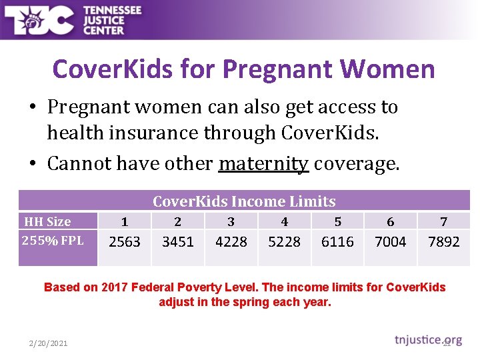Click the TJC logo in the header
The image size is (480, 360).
[39, 20]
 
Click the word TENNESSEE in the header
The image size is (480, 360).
[112, 11]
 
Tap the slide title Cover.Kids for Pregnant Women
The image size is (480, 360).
[243, 69]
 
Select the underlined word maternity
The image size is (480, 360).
[263, 163]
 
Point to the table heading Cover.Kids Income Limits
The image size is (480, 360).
[244, 201]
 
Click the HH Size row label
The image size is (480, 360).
[47, 221]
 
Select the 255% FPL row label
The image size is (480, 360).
[53, 240]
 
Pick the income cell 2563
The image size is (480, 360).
[125, 242]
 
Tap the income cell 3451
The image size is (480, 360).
[178, 242]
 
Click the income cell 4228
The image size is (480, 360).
[231, 242]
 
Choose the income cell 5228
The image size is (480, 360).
[284, 242]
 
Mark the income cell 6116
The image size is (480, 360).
[337, 242]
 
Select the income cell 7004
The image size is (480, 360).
[391, 242]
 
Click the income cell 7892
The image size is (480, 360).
[443, 242]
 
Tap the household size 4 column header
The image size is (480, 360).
[285, 222]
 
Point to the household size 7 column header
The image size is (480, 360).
[444, 222]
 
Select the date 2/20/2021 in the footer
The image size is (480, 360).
[48, 343]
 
